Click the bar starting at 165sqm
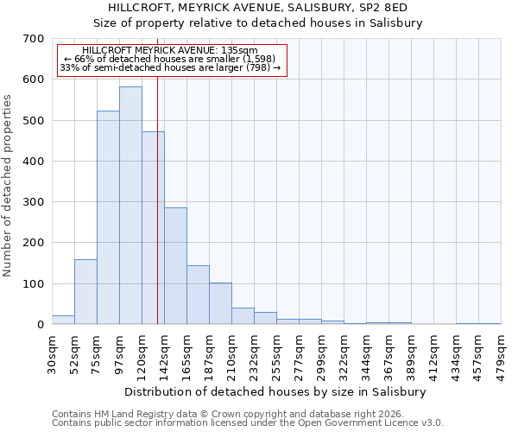tap(198, 295)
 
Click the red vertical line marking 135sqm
tap(157, 216)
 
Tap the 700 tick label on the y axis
tap(34, 39)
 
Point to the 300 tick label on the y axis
tap(34, 202)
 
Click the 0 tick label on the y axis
tap(40, 325)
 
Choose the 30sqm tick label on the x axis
tap(53, 352)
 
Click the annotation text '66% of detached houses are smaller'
tap(170, 59)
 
